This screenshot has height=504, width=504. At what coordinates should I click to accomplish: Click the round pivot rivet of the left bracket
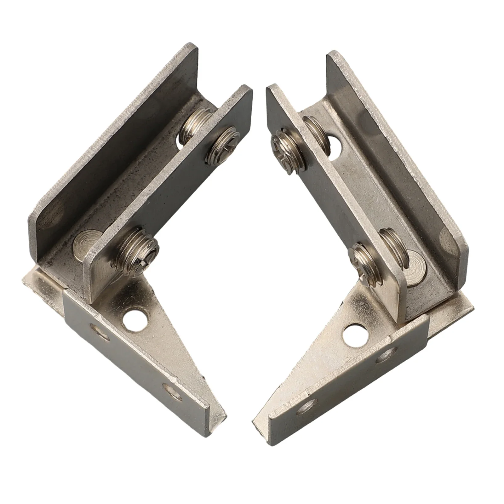point(83,241)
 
